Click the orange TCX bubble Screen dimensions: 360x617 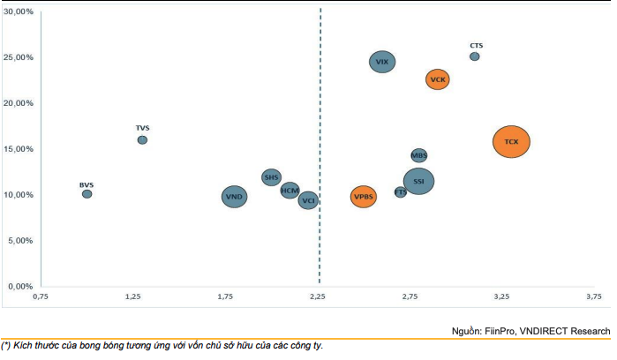(511, 141)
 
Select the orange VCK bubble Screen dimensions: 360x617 (438, 79)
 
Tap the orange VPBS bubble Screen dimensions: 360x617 (364, 198)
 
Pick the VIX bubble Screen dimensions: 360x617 (382, 62)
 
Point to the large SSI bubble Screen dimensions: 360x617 (418, 182)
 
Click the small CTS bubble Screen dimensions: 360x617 (475, 56)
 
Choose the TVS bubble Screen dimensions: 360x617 (142, 139)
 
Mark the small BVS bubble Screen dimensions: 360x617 (87, 194)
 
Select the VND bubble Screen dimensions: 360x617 (234, 197)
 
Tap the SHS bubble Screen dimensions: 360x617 (272, 177)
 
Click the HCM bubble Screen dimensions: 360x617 (290, 190)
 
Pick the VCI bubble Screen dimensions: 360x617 (308, 201)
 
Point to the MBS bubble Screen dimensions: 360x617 (419, 155)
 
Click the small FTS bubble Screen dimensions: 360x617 (401, 191)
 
